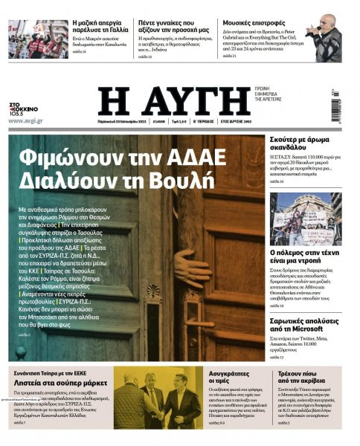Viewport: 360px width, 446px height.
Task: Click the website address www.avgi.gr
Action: (x=25, y=120)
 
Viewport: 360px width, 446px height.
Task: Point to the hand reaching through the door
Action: (x=193, y=268)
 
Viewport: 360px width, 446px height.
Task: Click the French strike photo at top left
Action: (x=28, y=39)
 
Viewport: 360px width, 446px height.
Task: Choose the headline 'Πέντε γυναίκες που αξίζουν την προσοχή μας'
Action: (x=176, y=28)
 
